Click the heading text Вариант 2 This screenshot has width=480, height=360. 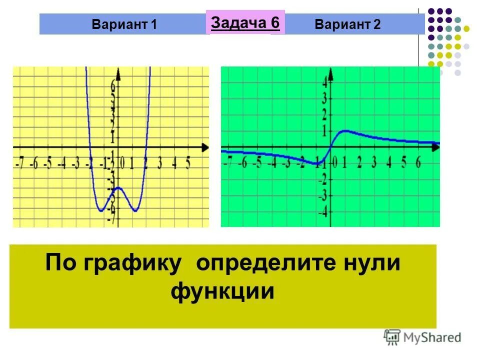pyautogui.click(x=348, y=25)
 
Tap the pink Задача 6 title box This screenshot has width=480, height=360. pyautogui.click(x=245, y=22)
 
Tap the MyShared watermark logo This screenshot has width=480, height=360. pyautogui.click(x=422, y=336)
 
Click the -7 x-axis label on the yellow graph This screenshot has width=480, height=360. pyautogui.click(x=19, y=163)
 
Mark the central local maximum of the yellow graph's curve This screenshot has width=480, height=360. pyautogui.click(x=118, y=187)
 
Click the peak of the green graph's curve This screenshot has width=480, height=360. pyautogui.click(x=345, y=131)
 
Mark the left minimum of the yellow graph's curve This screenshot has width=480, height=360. pyautogui.click(x=101, y=210)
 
